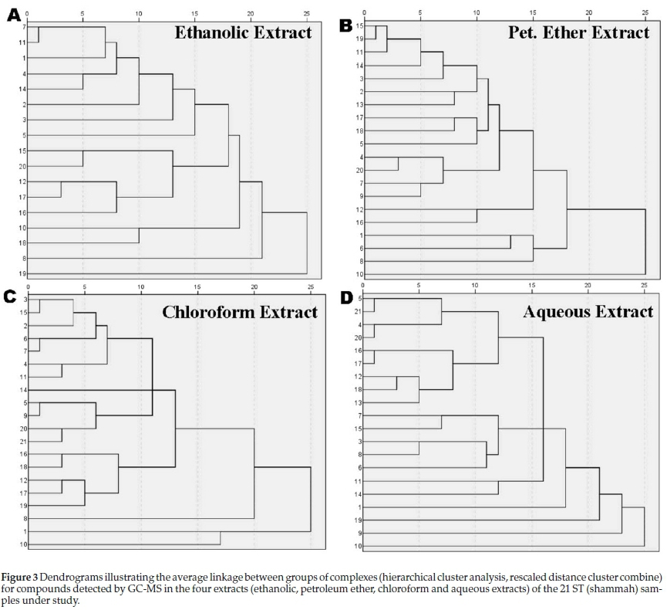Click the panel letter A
click(13, 15)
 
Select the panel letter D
click(347, 298)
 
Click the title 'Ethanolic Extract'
click(243, 32)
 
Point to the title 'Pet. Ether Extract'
click(578, 32)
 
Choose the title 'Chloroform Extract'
click(239, 312)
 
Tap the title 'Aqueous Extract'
click(588, 312)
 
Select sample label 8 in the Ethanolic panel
click(25, 258)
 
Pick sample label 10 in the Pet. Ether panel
click(359, 274)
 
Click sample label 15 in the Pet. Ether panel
click(359, 25)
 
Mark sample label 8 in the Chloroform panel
click(25, 518)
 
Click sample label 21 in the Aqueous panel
click(359, 311)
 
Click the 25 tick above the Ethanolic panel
click(307, 12)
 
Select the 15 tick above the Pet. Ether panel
click(532, 12)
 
